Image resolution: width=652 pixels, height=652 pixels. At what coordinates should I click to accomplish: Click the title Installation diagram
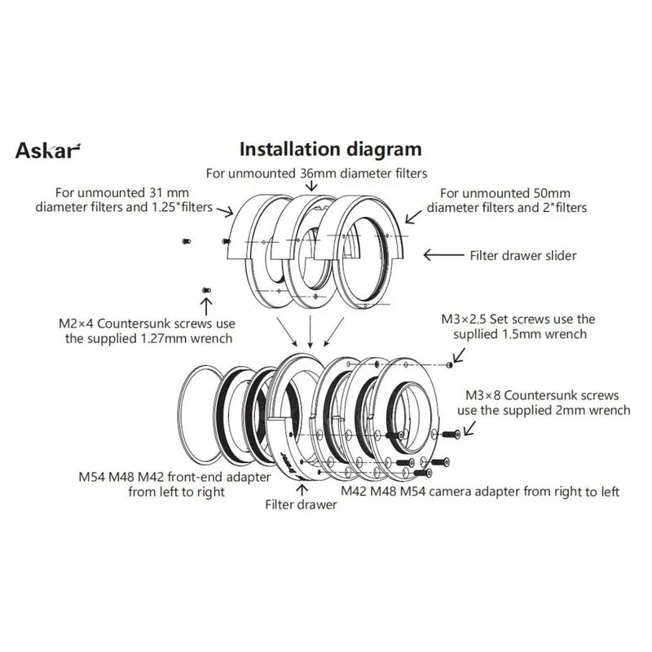point(329,149)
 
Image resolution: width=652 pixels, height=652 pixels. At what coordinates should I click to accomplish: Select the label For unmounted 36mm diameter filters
point(316,173)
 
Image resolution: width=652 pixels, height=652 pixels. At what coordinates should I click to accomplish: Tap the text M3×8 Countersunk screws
point(548,394)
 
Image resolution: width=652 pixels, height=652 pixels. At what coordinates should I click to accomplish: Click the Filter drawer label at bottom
point(301,504)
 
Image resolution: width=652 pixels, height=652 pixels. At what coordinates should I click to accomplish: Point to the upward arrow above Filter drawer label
point(303,489)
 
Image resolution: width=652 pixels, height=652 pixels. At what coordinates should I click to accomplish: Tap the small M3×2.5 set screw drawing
point(449,366)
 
